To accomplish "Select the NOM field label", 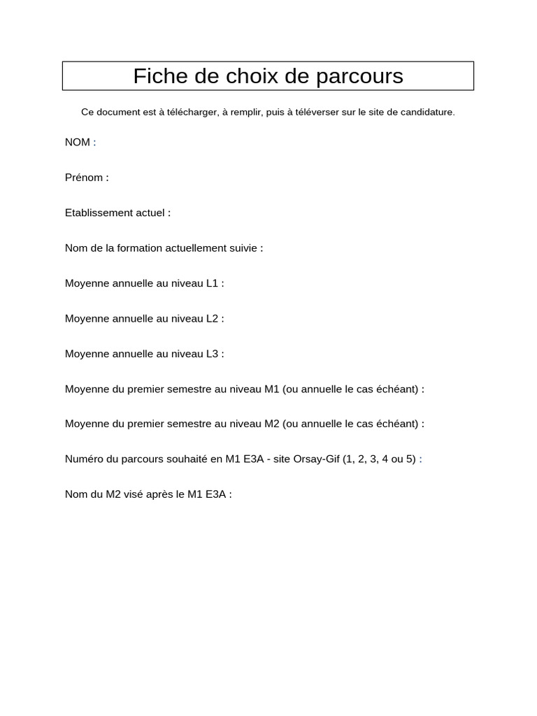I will click(x=77, y=143).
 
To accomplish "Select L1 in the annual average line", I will click(x=212, y=283).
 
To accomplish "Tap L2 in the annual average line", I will click(x=212, y=319).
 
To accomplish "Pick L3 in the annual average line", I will click(x=212, y=354).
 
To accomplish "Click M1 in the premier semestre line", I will click(x=272, y=389).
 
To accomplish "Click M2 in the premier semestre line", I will click(x=272, y=424).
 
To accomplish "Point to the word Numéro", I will click(x=84, y=459).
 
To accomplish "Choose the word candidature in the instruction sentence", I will click(x=427, y=112).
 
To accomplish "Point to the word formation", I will click(x=142, y=248).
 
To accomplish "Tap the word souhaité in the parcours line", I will click(x=185, y=459).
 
